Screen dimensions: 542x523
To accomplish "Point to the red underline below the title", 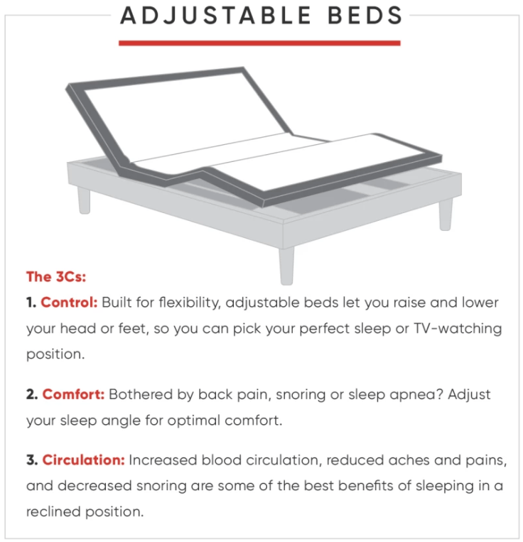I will tap(259, 43).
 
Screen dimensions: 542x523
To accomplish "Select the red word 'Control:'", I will tap(69, 303).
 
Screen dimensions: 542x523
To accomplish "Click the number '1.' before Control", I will tap(32, 303).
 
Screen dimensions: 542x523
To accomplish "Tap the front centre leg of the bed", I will tap(286, 262).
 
